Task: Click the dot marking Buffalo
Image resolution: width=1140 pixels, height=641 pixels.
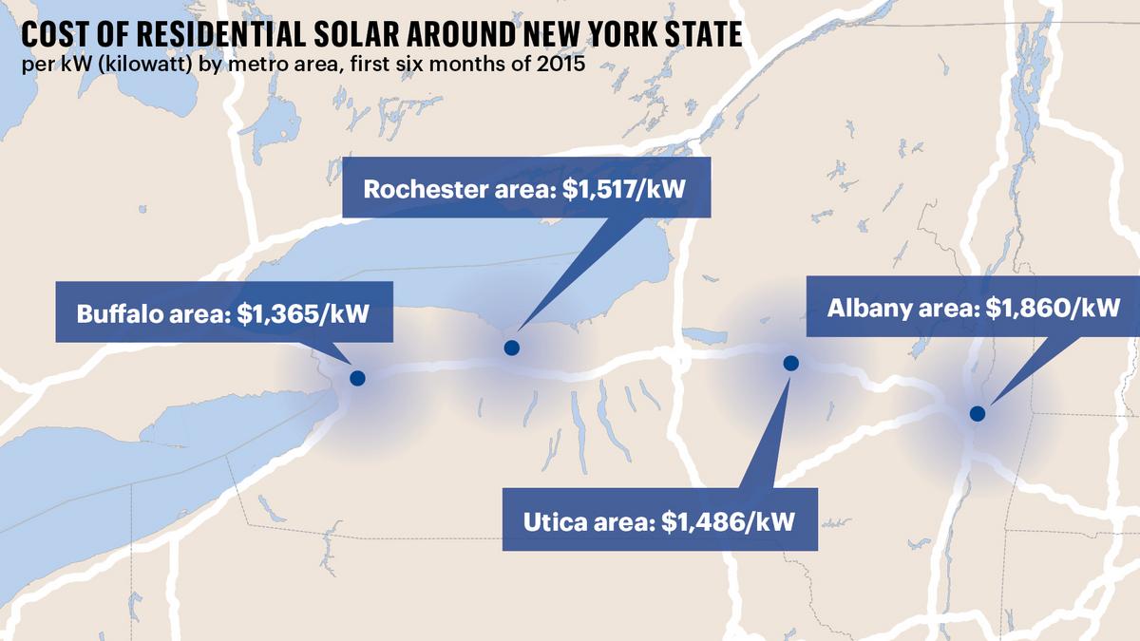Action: (357, 377)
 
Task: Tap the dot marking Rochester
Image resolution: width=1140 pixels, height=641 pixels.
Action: (511, 348)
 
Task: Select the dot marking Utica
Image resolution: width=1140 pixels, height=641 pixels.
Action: (789, 363)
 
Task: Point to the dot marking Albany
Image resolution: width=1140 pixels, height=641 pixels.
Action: (977, 413)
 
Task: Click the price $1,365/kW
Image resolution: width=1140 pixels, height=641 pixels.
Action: (305, 313)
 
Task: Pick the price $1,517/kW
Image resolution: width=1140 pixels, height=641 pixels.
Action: (623, 187)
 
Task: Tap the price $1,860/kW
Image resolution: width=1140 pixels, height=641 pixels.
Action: (1054, 308)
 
